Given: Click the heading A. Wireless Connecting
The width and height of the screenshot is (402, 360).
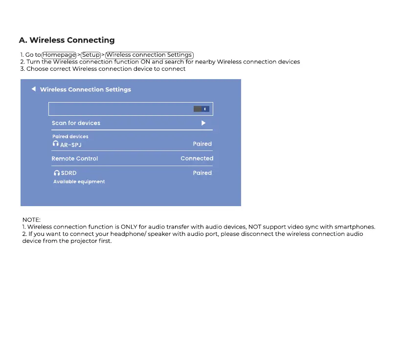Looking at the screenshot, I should [x=67, y=40].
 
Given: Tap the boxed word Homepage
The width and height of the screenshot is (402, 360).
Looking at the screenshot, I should [x=59, y=55].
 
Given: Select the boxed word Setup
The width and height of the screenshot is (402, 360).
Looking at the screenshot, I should [x=91, y=55].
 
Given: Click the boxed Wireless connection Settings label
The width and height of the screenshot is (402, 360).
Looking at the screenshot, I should [x=150, y=55].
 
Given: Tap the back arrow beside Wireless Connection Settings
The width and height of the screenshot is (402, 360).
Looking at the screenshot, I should [x=33, y=89].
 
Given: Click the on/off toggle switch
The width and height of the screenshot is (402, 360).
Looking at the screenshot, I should [x=201, y=109].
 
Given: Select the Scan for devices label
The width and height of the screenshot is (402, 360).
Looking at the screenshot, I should [x=76, y=123].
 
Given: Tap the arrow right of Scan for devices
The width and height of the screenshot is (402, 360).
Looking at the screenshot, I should [x=203, y=123].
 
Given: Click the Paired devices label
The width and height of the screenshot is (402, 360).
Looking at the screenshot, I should [x=70, y=136].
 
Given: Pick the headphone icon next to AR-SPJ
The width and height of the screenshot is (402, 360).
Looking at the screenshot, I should [x=55, y=144].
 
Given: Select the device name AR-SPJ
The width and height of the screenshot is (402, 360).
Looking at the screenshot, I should [x=71, y=145].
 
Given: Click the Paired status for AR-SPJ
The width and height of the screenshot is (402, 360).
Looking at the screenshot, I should [x=202, y=144].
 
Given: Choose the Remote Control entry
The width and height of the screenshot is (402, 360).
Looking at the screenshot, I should [x=75, y=159].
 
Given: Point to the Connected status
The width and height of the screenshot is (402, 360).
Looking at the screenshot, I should [x=197, y=158].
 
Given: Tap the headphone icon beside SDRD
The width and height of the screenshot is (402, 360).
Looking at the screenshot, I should [x=56, y=173].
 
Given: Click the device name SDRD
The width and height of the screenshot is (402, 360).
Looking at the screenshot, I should [x=69, y=173].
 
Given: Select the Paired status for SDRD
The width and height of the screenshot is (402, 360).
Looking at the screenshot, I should [x=202, y=173].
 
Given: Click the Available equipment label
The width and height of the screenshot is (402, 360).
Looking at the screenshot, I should [x=79, y=182].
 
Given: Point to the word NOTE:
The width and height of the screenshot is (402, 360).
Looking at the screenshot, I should [x=31, y=220].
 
